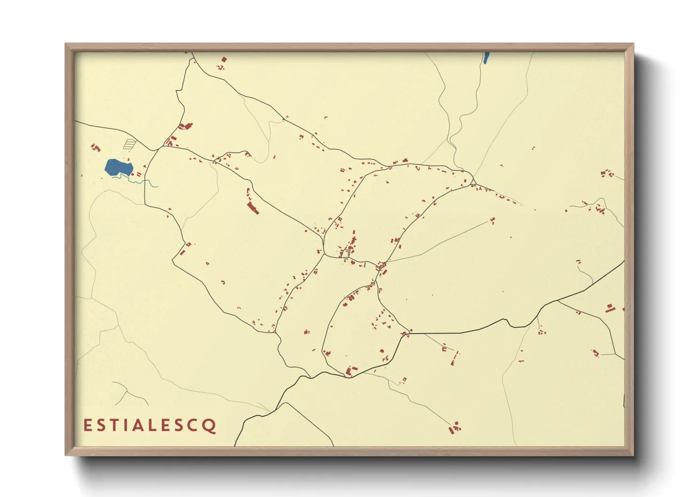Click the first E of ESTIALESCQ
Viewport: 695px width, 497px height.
[87, 426]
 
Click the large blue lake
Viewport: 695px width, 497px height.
[117, 167]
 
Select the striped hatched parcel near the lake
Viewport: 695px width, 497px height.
[130, 143]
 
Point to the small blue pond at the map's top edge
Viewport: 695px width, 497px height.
[486, 58]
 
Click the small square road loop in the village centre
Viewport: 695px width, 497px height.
[346, 254]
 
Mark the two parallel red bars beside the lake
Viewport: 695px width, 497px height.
[139, 174]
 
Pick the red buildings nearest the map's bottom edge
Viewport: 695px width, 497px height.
[455, 429]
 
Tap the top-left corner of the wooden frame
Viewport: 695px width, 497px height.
[66, 44]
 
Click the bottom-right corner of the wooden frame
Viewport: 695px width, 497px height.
[633, 455]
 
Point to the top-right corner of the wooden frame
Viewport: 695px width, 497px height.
[633, 44]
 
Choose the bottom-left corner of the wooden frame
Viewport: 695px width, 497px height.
[66, 455]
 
